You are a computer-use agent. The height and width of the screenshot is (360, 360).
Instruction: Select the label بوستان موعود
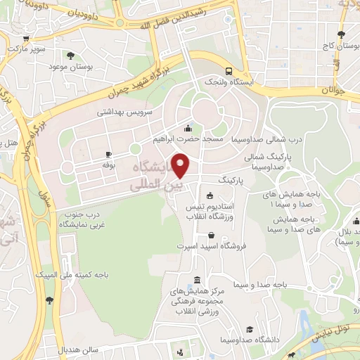pyautogui.click(x=68, y=67)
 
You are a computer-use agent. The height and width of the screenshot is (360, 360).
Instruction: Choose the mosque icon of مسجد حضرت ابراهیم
pyautogui.click(x=188, y=129)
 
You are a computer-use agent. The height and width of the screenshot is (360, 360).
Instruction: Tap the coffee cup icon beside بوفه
pyautogui.click(x=108, y=154)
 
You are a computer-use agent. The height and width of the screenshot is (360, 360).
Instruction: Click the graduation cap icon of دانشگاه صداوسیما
pyautogui.click(x=250, y=330)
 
